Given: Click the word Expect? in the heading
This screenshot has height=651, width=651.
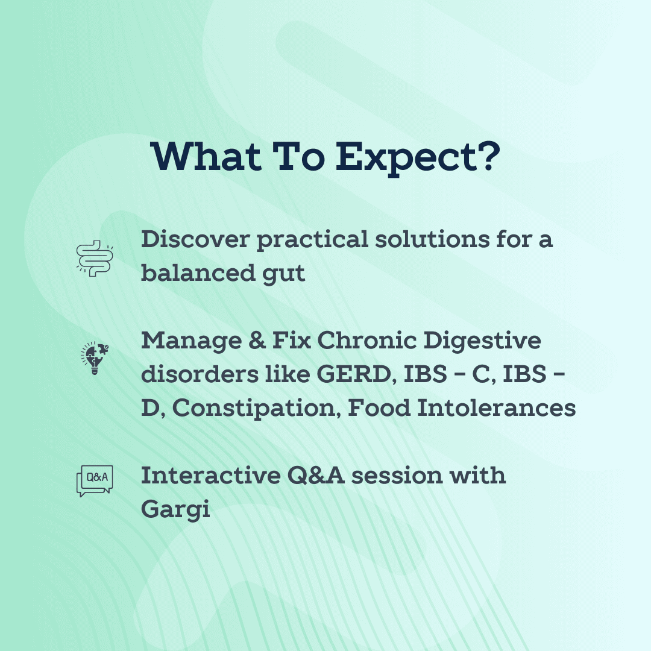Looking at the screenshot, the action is coord(417,159).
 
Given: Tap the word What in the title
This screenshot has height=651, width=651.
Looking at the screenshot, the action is coord(206,156).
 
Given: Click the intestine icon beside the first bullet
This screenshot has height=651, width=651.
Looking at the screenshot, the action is coord(95,258).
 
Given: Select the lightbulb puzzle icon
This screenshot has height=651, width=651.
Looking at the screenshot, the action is coord(95,358).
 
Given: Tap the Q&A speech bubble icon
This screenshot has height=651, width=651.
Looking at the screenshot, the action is coord(95,481).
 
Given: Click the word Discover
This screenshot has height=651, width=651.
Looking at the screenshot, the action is coord(195,239).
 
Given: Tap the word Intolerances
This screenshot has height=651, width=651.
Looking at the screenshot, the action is coord(496,407).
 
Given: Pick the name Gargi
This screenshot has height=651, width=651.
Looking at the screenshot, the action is coord(175,510).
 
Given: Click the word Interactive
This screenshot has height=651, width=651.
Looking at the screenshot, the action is coord(210,476).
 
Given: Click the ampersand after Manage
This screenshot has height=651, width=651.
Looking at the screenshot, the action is coord(257,341).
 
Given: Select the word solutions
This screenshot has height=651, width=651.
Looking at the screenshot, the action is coord(432,239).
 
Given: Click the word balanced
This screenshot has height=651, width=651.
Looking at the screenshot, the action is coord(198,273).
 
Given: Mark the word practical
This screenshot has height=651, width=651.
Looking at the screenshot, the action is coord(313,241).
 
